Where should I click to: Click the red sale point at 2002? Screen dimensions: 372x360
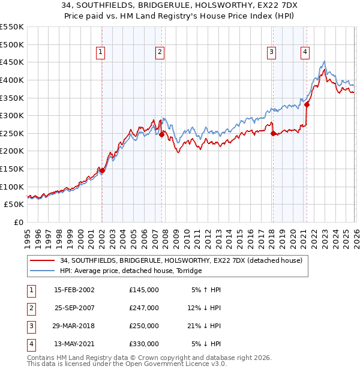pos(102,170)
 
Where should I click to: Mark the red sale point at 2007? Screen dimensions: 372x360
pos(161,134)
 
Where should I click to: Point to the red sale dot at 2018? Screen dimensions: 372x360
pos(273,133)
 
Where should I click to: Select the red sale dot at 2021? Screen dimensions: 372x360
pos(307,104)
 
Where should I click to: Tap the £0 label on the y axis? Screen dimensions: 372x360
pos(18,223)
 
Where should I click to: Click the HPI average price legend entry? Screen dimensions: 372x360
pos(131,271)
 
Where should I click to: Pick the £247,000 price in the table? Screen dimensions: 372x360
pos(143,308)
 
